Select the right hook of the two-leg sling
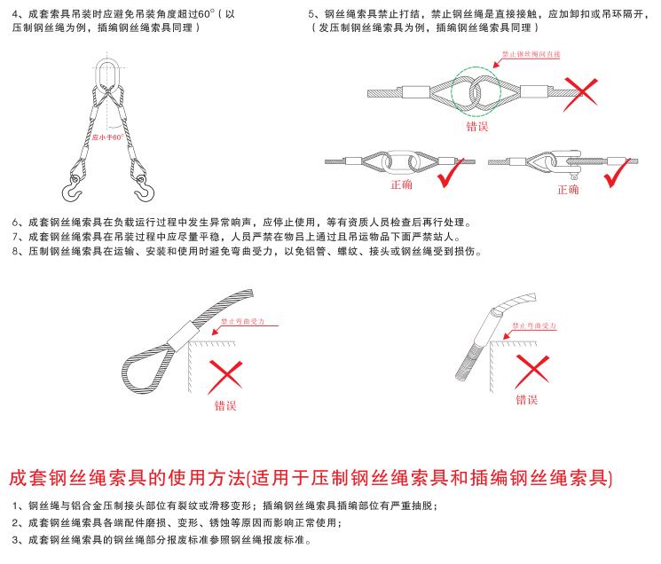[142, 188]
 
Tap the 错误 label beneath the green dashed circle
[477, 127]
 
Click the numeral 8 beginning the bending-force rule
[17, 252]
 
